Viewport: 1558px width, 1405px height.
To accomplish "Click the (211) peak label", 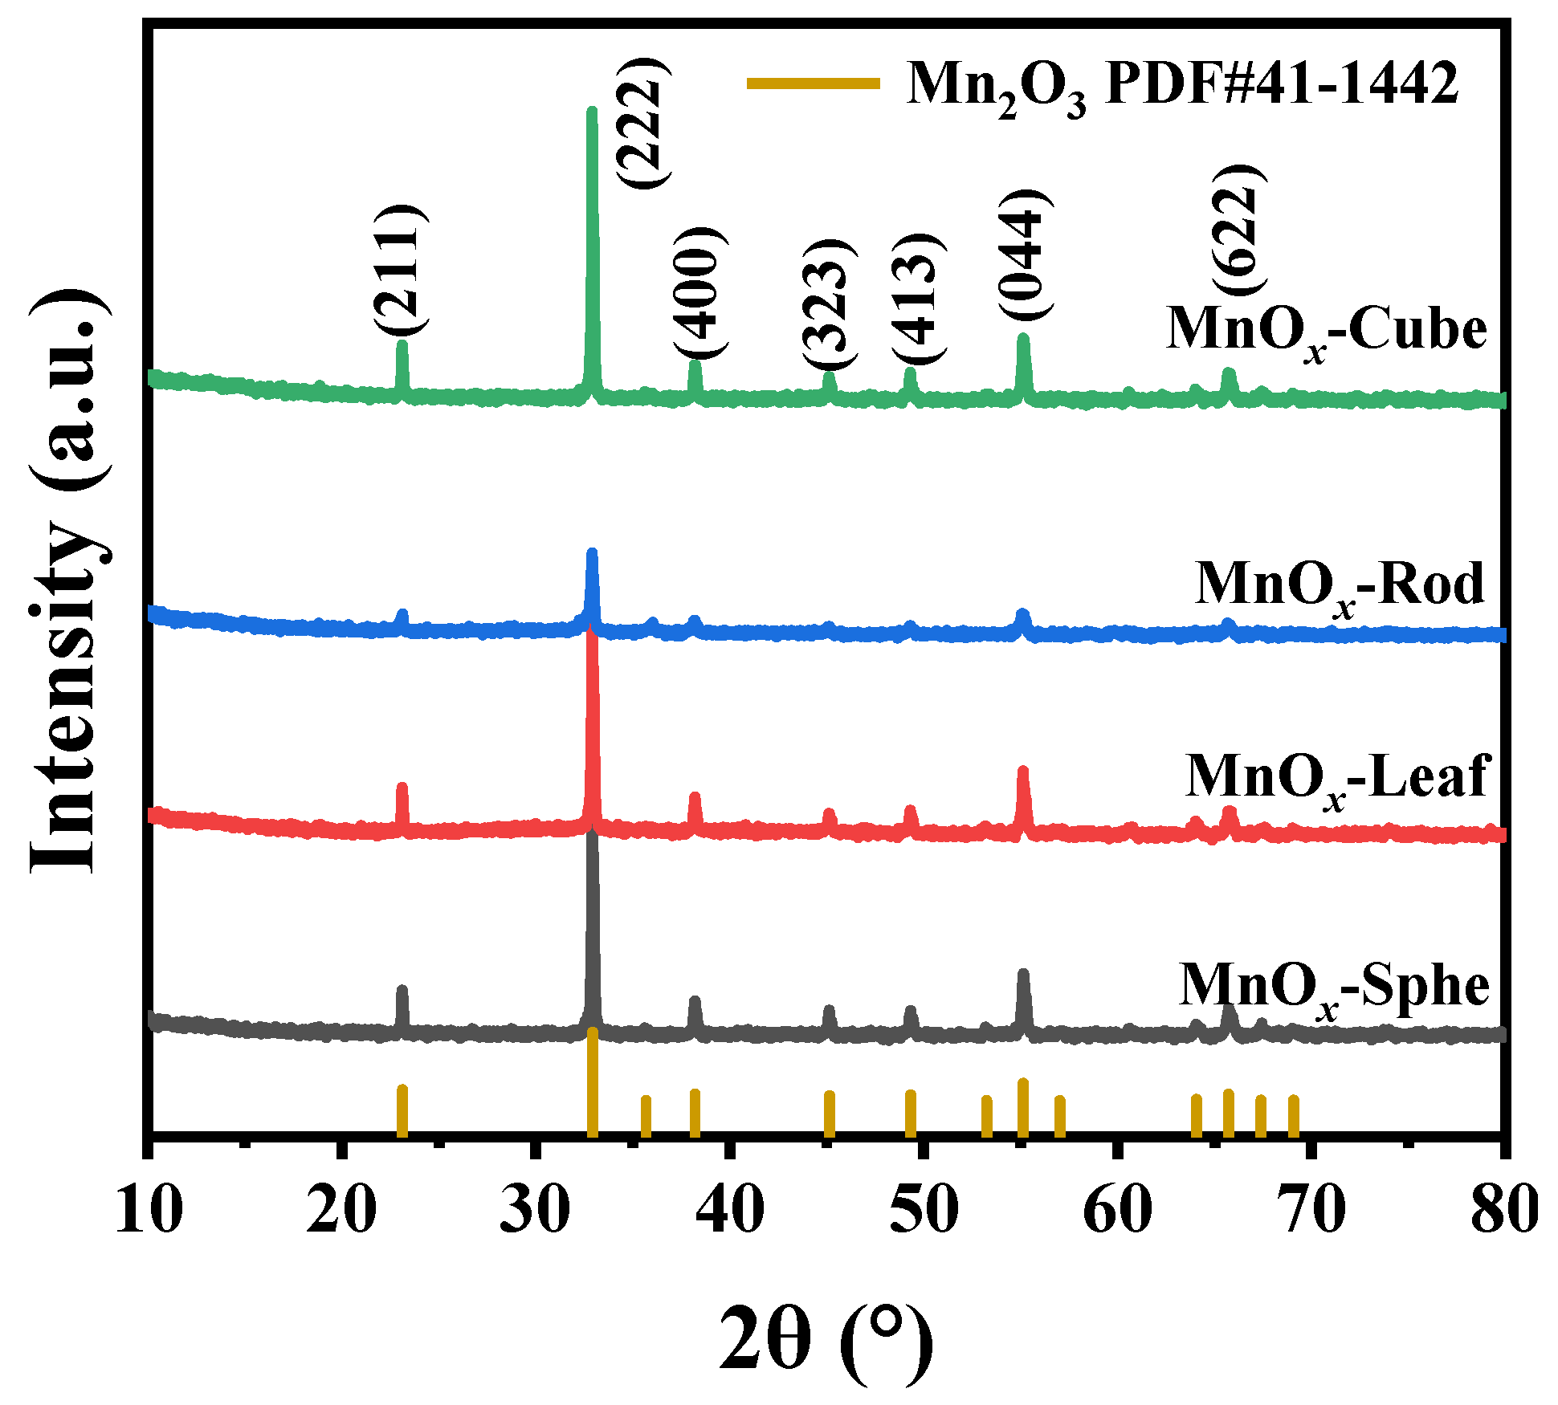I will tap(401, 270).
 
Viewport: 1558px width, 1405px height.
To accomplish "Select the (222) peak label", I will tap(643, 123).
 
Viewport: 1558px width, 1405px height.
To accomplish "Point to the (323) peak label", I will tap(830, 305).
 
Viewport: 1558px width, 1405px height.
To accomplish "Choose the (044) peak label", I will tap(1025, 255).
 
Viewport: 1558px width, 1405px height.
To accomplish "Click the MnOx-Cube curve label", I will tap(1326, 330).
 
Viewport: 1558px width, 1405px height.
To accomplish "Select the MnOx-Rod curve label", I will tap(1340, 584).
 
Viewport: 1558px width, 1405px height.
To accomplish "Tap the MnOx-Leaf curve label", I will tap(1337, 777).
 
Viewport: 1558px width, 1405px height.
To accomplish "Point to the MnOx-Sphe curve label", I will tap(1334, 986).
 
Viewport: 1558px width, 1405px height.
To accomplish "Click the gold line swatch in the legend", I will tap(813, 83).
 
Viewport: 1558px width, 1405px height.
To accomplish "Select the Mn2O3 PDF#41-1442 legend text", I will tap(1182, 84).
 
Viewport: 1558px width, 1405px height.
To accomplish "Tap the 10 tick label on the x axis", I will tap(149, 1209).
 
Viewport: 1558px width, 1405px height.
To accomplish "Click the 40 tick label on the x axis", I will tap(729, 1209).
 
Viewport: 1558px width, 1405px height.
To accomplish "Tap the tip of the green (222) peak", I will tap(592, 111).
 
